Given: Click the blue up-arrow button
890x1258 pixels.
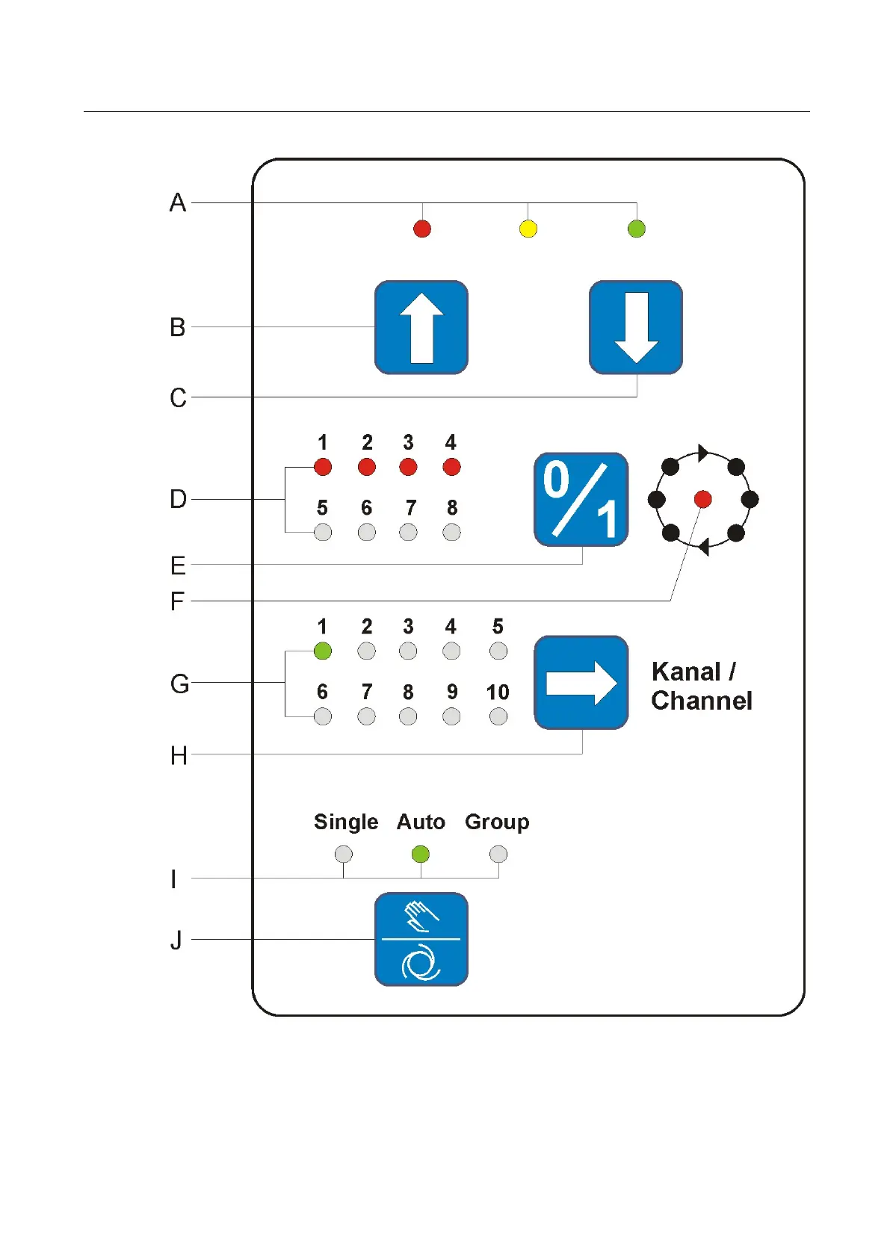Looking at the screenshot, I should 421,327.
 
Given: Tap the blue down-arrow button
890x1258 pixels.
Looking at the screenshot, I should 636,327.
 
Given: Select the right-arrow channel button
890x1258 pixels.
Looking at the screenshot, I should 581,683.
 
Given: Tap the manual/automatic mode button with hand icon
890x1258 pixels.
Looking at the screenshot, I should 421,939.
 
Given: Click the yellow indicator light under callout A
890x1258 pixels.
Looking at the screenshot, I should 528,229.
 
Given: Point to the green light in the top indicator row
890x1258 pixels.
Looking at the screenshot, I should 637,229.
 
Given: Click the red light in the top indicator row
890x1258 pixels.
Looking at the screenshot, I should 422,229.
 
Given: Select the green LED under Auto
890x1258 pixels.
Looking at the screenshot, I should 421,854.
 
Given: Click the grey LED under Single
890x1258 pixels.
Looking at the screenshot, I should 343,854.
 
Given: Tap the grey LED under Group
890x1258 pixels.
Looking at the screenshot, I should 498,854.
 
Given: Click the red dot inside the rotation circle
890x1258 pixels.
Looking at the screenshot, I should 702,499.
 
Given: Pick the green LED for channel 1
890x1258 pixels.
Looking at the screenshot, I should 322,651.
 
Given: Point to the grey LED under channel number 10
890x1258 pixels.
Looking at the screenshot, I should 498,716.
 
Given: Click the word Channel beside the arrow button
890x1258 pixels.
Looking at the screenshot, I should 701,701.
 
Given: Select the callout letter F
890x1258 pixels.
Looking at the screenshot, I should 177,601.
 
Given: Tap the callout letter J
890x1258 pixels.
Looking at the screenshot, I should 176,940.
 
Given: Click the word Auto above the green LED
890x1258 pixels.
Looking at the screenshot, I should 421,822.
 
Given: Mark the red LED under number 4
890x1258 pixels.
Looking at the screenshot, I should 451,467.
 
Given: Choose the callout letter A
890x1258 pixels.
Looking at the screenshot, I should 178,202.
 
